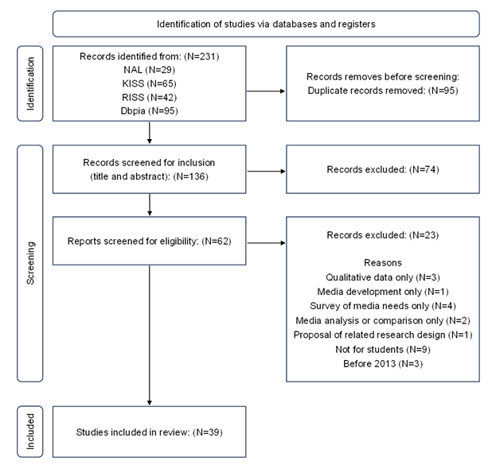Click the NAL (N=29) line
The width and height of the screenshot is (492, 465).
pos(150,70)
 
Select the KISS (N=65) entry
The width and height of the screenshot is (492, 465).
pos(150,83)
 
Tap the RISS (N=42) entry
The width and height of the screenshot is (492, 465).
pos(150,98)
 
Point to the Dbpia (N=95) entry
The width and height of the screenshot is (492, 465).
pos(150,111)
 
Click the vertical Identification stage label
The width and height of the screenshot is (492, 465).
pos(30,83)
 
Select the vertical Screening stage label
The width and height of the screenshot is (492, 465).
pos(30,263)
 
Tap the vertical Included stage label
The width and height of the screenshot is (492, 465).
pos(30,432)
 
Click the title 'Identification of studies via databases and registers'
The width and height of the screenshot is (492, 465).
pos(266,24)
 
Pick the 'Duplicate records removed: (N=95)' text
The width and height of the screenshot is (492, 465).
pos(383,91)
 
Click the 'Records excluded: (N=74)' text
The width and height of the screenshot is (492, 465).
pos(383,169)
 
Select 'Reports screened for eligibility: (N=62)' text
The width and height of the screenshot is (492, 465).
pos(150,242)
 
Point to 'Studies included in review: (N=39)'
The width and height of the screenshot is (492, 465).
pos(150,432)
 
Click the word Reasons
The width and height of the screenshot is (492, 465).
pos(383,262)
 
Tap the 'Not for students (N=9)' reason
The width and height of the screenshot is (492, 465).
pos(383,350)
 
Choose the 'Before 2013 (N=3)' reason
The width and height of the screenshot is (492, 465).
pos(383,364)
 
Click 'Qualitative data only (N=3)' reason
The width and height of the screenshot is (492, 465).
pos(383,277)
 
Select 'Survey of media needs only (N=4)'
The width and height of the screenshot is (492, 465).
pos(383,306)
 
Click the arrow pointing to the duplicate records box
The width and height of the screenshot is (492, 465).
pos(266,91)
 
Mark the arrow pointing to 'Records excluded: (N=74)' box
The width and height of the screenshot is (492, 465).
pos(266,172)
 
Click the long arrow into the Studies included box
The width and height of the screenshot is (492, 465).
pos(150,335)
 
